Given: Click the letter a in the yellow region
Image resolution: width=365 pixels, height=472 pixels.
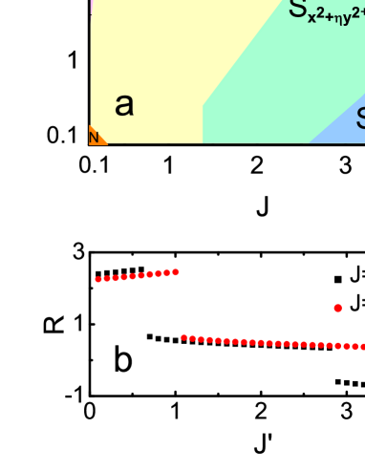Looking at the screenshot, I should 124,105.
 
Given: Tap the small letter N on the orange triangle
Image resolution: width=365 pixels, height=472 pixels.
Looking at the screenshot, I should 94,138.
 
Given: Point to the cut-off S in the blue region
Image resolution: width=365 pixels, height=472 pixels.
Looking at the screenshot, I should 360,118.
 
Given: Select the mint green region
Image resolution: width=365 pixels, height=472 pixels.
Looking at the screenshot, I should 277,76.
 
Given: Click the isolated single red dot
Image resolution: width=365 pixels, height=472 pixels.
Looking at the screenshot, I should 337,308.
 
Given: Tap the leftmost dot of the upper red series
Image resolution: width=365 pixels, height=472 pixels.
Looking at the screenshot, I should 97,279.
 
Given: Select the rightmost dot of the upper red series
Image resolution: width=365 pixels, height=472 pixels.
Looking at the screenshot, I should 176,272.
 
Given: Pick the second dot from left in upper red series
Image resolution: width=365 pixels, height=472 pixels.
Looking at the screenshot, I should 104,278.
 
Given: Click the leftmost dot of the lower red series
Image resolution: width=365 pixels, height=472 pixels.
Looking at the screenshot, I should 183,337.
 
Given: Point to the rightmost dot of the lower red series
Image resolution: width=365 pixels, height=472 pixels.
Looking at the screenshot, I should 361,347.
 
